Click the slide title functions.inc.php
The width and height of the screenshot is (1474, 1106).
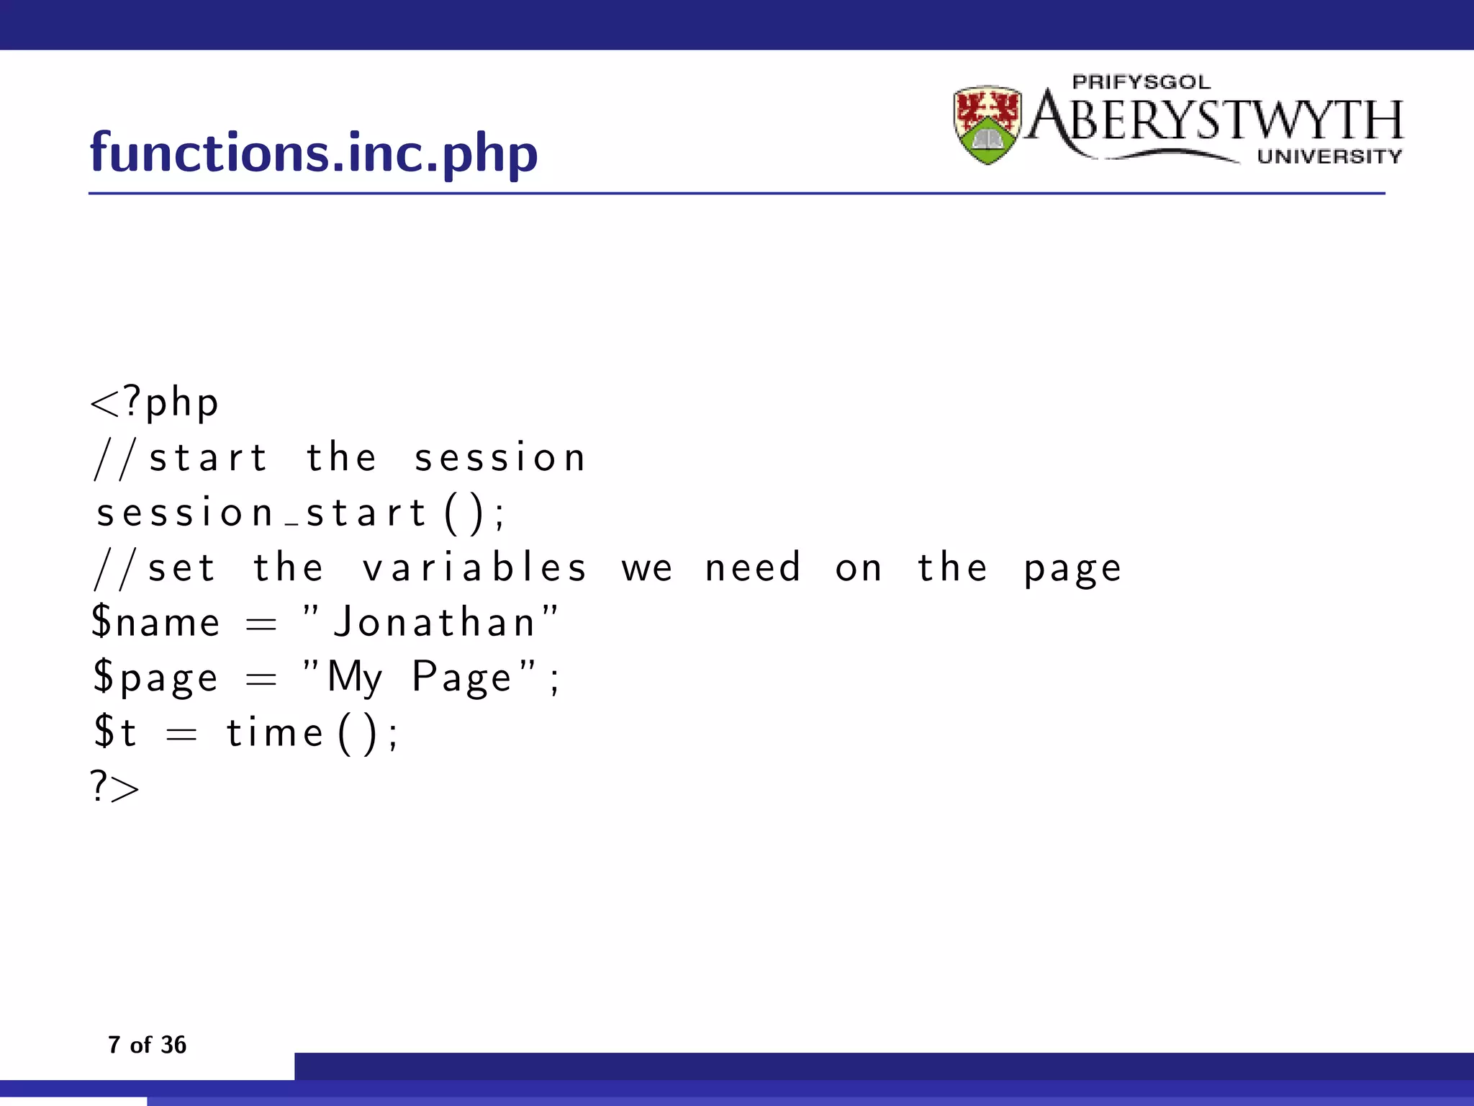[314, 153]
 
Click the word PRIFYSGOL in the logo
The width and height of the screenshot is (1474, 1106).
[1141, 82]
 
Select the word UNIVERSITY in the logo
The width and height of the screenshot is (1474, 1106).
[1329, 156]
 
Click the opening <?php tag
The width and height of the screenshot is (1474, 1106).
[154, 403]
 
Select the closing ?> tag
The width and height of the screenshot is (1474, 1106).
[115, 786]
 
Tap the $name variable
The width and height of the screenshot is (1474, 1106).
[155, 622]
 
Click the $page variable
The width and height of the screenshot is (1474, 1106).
[155, 678]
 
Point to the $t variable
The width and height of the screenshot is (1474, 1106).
[115, 732]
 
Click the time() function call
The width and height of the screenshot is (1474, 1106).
[311, 734]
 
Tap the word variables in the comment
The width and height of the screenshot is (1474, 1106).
[475, 567]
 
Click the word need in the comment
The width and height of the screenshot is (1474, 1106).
[753, 567]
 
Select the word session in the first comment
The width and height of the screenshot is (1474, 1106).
[500, 458]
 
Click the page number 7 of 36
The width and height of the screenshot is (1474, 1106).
[147, 1045]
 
